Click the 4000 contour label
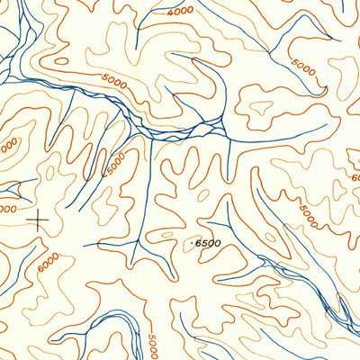coord(180,11)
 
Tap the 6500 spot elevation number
coord(207,243)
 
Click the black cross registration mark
coord(39,219)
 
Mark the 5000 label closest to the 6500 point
coord(308,216)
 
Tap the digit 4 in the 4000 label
coord(170,13)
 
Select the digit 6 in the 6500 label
coord(198,243)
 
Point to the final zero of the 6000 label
coord(56,254)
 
